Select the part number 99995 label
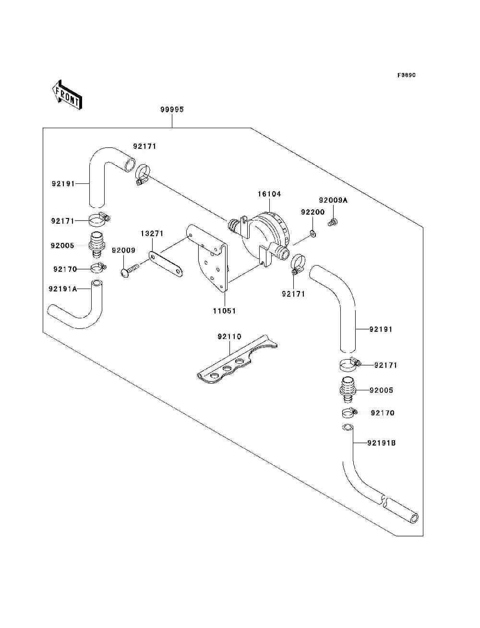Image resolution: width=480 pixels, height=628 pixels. [x=172, y=109]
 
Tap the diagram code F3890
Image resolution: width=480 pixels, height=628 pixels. [x=406, y=75]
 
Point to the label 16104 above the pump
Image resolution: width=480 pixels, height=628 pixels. [x=269, y=194]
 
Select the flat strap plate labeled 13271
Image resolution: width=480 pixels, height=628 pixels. [x=166, y=265]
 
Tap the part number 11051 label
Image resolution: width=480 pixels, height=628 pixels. [x=224, y=311]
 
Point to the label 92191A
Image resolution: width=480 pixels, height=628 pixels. [x=63, y=289]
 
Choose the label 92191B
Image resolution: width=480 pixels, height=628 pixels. [x=381, y=443]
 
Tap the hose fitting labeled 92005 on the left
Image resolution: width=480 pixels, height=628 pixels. [x=97, y=244]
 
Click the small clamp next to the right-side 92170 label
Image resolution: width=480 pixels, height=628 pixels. [x=349, y=413]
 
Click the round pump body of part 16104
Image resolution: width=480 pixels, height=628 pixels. [x=264, y=236]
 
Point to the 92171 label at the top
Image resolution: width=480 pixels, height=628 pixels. [x=145, y=146]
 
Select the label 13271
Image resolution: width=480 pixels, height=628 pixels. [x=152, y=234]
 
